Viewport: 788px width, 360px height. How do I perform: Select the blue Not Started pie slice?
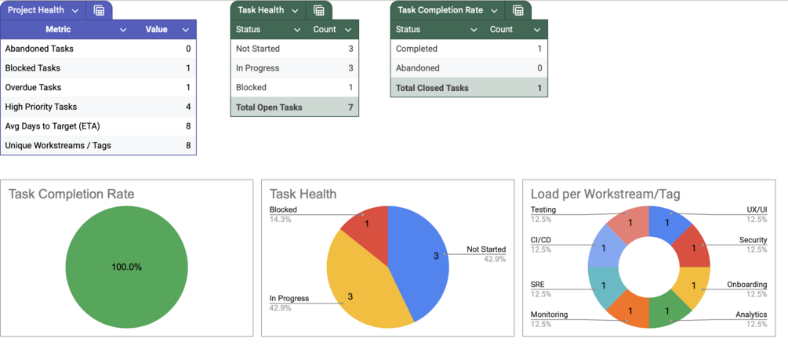[419, 259]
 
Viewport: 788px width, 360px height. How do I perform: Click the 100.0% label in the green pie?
[126, 267]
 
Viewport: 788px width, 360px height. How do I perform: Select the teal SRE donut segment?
[605, 286]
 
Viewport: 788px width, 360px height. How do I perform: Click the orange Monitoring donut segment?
[630, 311]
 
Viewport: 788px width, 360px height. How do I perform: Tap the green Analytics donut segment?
[667, 311]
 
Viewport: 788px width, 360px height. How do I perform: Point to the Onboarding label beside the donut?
[746, 285]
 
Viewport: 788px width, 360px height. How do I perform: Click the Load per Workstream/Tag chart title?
[605, 194]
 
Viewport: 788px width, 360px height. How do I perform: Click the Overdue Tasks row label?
[33, 87]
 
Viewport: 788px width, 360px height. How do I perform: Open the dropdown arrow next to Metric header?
[123, 30]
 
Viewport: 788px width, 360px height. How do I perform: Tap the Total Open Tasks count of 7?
[350, 107]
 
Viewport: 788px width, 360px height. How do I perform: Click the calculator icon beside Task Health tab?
[319, 10]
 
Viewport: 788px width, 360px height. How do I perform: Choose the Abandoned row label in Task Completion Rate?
[417, 68]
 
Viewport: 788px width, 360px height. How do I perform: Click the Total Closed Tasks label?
[432, 88]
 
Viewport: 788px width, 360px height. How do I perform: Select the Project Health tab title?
[36, 10]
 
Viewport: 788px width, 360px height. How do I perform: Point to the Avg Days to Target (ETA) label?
[53, 125]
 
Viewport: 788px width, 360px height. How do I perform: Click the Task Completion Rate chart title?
[71, 194]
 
